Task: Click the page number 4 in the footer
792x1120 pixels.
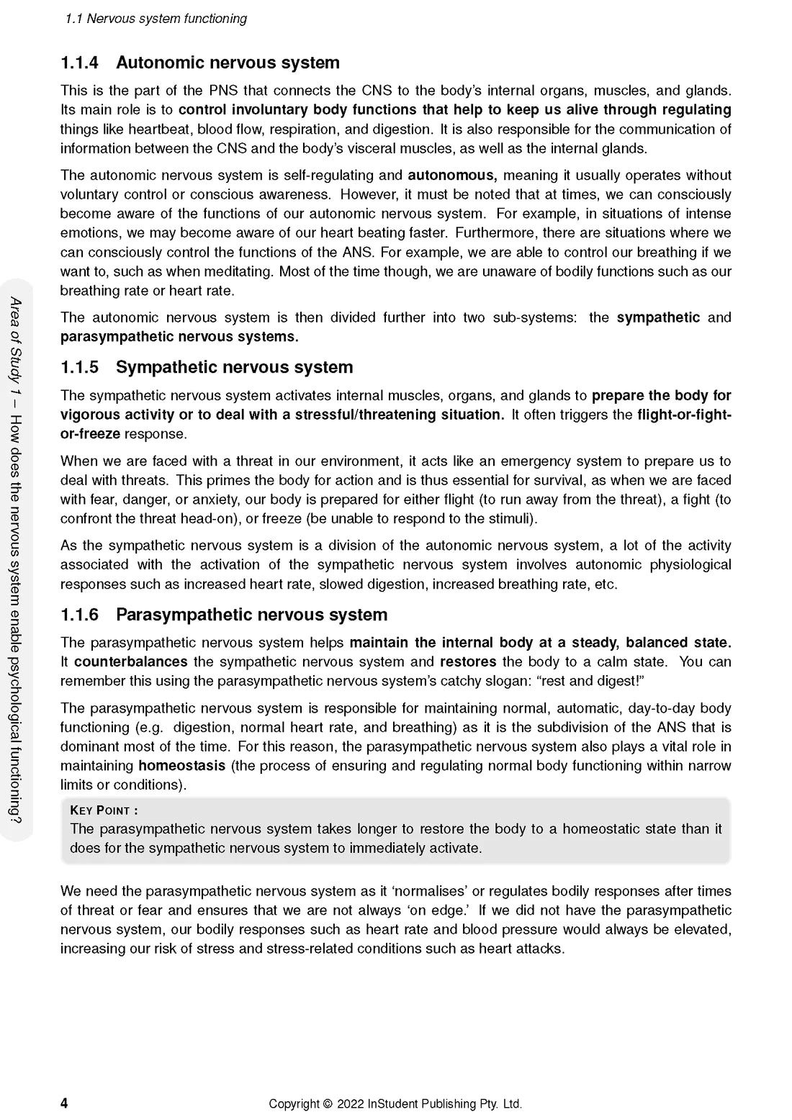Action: (64, 1103)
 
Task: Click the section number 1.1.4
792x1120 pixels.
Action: (79, 63)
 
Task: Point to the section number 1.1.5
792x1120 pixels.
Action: (79, 368)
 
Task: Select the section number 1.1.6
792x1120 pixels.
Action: (79, 615)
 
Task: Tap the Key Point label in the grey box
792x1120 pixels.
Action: (104, 810)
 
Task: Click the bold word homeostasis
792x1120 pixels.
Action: (181, 766)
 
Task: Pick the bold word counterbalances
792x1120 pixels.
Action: (130, 662)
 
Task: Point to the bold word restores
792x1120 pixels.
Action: (468, 662)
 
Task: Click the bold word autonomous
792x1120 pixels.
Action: (452, 176)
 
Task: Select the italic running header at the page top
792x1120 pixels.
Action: (156, 19)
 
